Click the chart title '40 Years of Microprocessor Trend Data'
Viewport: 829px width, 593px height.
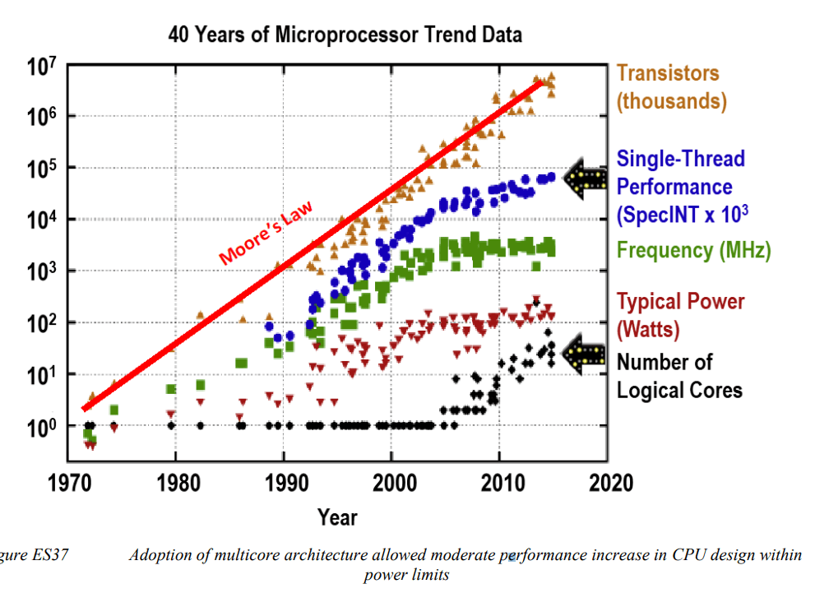coord(345,35)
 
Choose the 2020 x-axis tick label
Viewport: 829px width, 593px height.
coord(609,480)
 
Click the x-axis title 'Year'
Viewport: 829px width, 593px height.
coord(338,517)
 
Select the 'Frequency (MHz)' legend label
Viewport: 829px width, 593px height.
coord(693,251)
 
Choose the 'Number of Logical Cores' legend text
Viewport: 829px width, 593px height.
coord(679,376)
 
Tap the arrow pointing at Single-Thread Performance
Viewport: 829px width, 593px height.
coord(585,179)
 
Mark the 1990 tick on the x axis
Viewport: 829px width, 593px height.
coord(285,480)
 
